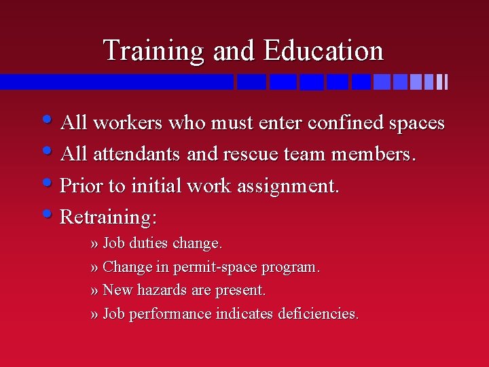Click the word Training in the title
point(153,51)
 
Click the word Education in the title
point(324,51)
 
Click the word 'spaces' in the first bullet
point(416,124)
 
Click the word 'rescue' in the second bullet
point(251,154)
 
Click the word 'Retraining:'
point(109,217)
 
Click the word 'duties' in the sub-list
point(149,243)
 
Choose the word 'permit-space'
point(214,267)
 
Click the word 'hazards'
point(162,290)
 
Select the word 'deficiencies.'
point(319,314)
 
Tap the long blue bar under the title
point(115,82)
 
